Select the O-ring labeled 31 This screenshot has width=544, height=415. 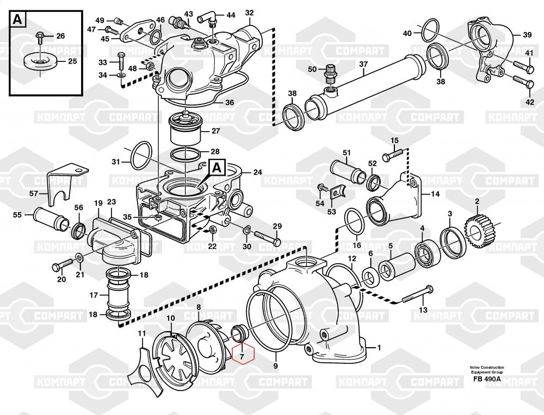[x=141, y=154]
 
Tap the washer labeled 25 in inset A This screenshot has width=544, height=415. [x=41, y=61]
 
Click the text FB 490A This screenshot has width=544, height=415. [x=487, y=379]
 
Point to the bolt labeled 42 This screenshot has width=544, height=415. [x=522, y=84]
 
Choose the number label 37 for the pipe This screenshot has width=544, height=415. [x=363, y=64]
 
